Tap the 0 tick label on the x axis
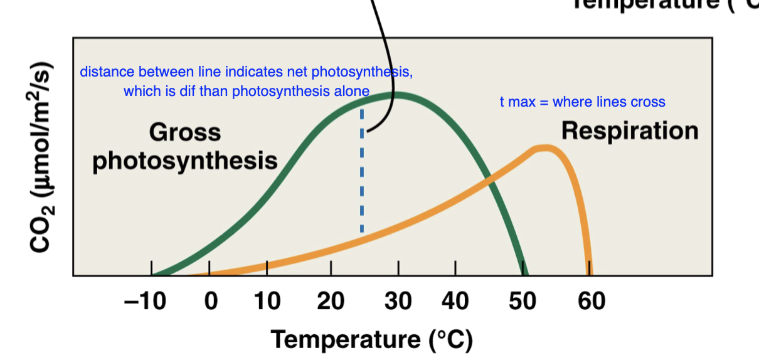tap(211, 302)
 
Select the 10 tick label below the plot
tap(267, 302)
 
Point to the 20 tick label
tap(331, 302)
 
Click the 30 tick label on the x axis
tap(397, 302)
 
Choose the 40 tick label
tap(455, 302)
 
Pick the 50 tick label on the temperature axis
tap(521, 302)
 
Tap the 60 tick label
tap(591, 302)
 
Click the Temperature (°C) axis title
tap(371, 339)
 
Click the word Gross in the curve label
tap(185, 132)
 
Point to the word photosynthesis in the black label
tap(185, 160)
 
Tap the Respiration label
tap(629, 130)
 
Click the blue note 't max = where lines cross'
tap(582, 102)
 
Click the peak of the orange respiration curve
tap(544, 148)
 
